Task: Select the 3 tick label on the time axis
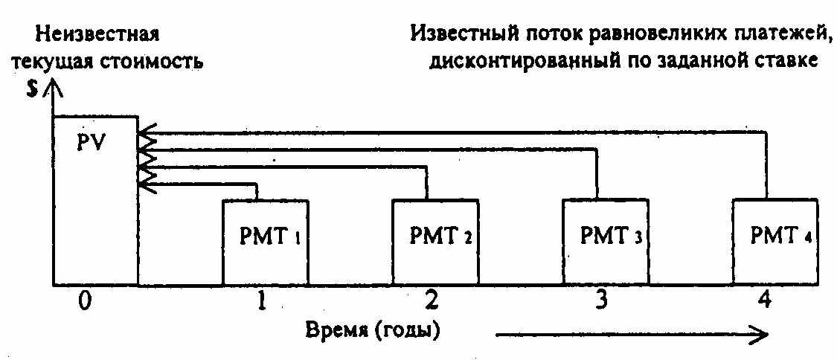[x=602, y=303]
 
